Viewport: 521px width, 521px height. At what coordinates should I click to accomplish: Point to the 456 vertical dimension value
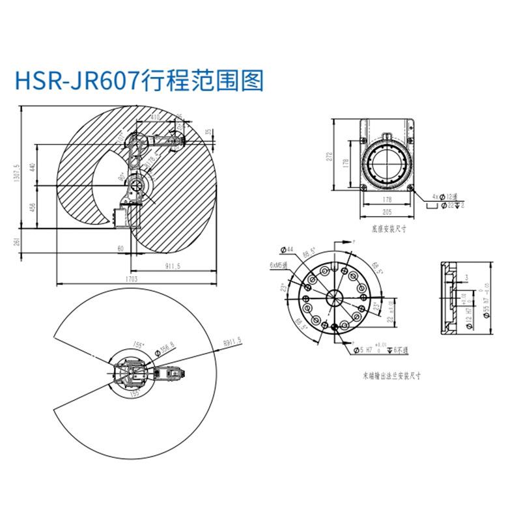point(33,208)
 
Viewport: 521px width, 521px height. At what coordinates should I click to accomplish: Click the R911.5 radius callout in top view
point(232,340)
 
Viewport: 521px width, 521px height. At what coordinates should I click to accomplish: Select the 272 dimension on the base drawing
point(330,156)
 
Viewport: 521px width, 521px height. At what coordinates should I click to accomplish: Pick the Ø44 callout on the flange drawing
point(288,249)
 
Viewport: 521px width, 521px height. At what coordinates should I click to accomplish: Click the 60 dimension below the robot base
point(120,249)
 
